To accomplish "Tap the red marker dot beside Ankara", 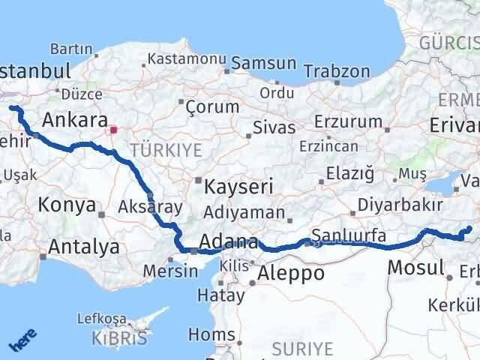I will [113, 129].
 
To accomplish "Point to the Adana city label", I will [229, 243].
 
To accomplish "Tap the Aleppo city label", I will [290, 273].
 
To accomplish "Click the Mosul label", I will [415, 267].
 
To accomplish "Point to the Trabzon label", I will [337, 72].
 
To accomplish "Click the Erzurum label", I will [348, 121].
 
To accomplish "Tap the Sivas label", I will [274, 127].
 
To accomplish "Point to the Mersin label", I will [170, 271].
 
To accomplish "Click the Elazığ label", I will [350, 174].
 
